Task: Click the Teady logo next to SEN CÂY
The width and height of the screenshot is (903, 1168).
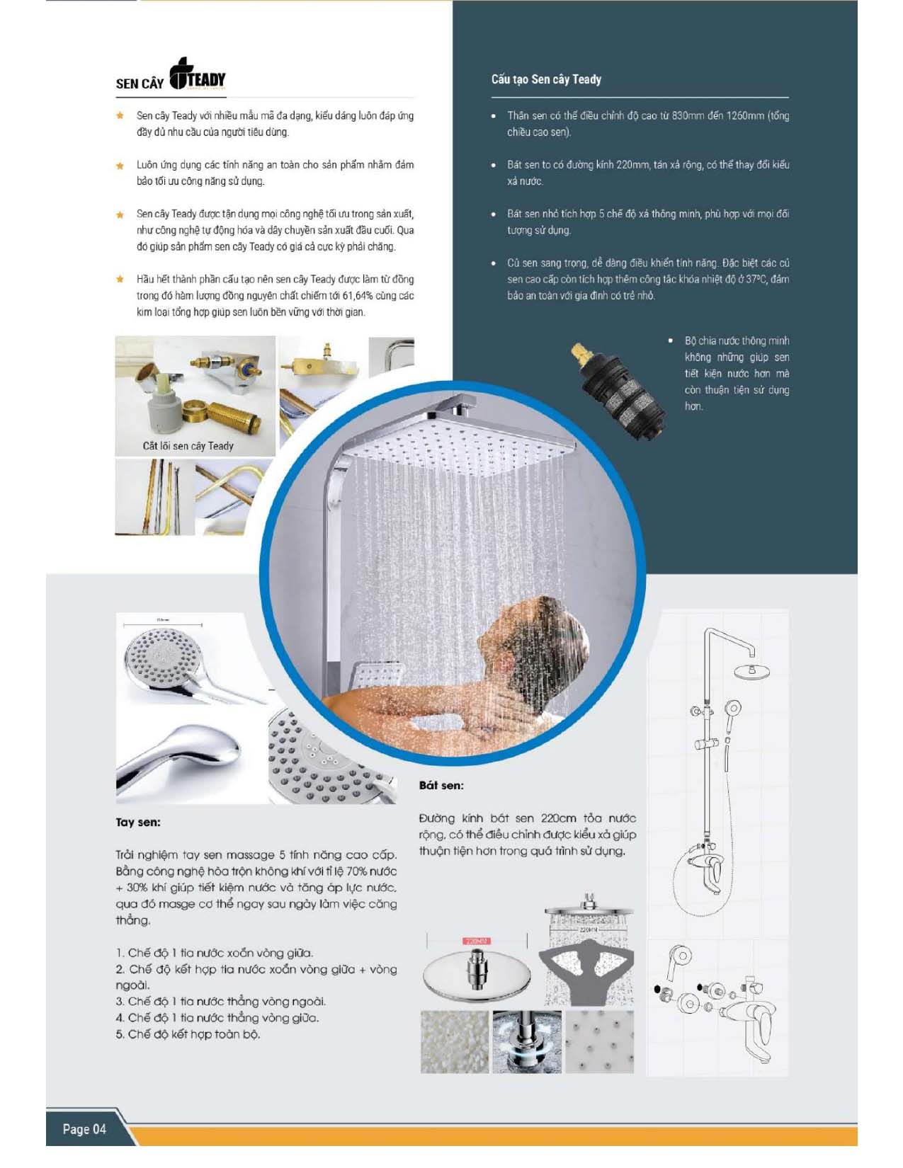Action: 198,74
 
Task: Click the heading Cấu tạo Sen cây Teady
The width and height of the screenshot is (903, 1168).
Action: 546,79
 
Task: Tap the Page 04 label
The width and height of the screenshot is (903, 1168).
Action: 84,1128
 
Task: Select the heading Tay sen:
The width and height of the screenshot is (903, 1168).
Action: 138,822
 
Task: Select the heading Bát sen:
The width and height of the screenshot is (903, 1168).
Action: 441,785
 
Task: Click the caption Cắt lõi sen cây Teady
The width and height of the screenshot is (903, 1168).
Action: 188,446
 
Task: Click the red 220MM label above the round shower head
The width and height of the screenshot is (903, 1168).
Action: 477,941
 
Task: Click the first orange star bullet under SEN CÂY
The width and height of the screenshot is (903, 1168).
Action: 120,115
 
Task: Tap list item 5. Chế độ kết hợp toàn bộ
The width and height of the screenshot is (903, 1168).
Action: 188,1034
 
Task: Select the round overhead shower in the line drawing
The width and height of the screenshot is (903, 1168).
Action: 751,670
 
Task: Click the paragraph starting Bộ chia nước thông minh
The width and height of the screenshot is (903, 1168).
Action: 736,373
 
